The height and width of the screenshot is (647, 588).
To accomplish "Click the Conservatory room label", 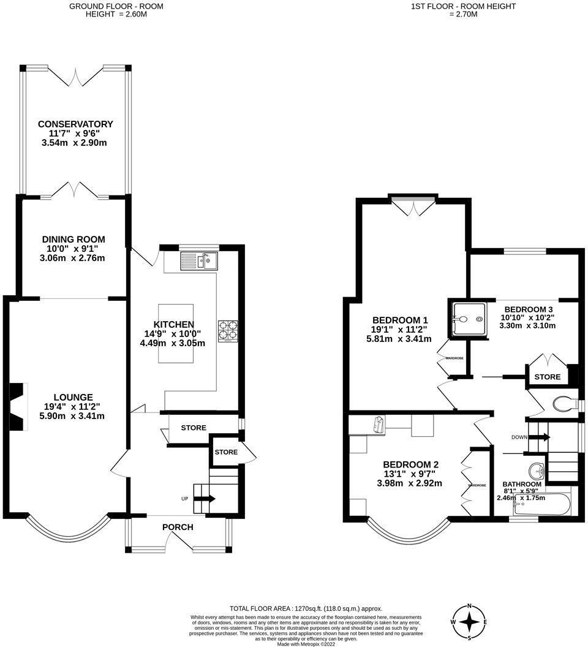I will (x=74, y=124).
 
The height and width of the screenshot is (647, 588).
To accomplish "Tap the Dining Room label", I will (x=73, y=239).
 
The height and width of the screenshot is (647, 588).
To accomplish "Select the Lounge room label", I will (x=73, y=397).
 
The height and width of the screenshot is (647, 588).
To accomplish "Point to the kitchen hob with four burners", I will (x=227, y=330).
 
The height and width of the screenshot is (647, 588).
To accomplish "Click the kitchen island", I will (x=176, y=333).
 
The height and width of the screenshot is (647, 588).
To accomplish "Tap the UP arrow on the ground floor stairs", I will (x=204, y=499).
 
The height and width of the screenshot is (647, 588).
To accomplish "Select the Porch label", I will (x=178, y=527).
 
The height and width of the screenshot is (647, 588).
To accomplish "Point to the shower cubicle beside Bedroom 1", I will (x=469, y=319).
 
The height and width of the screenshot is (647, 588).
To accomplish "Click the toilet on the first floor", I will (x=564, y=404).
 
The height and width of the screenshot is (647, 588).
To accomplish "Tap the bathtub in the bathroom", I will (x=543, y=505).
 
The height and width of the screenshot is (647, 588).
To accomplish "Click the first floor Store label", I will (x=547, y=377).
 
